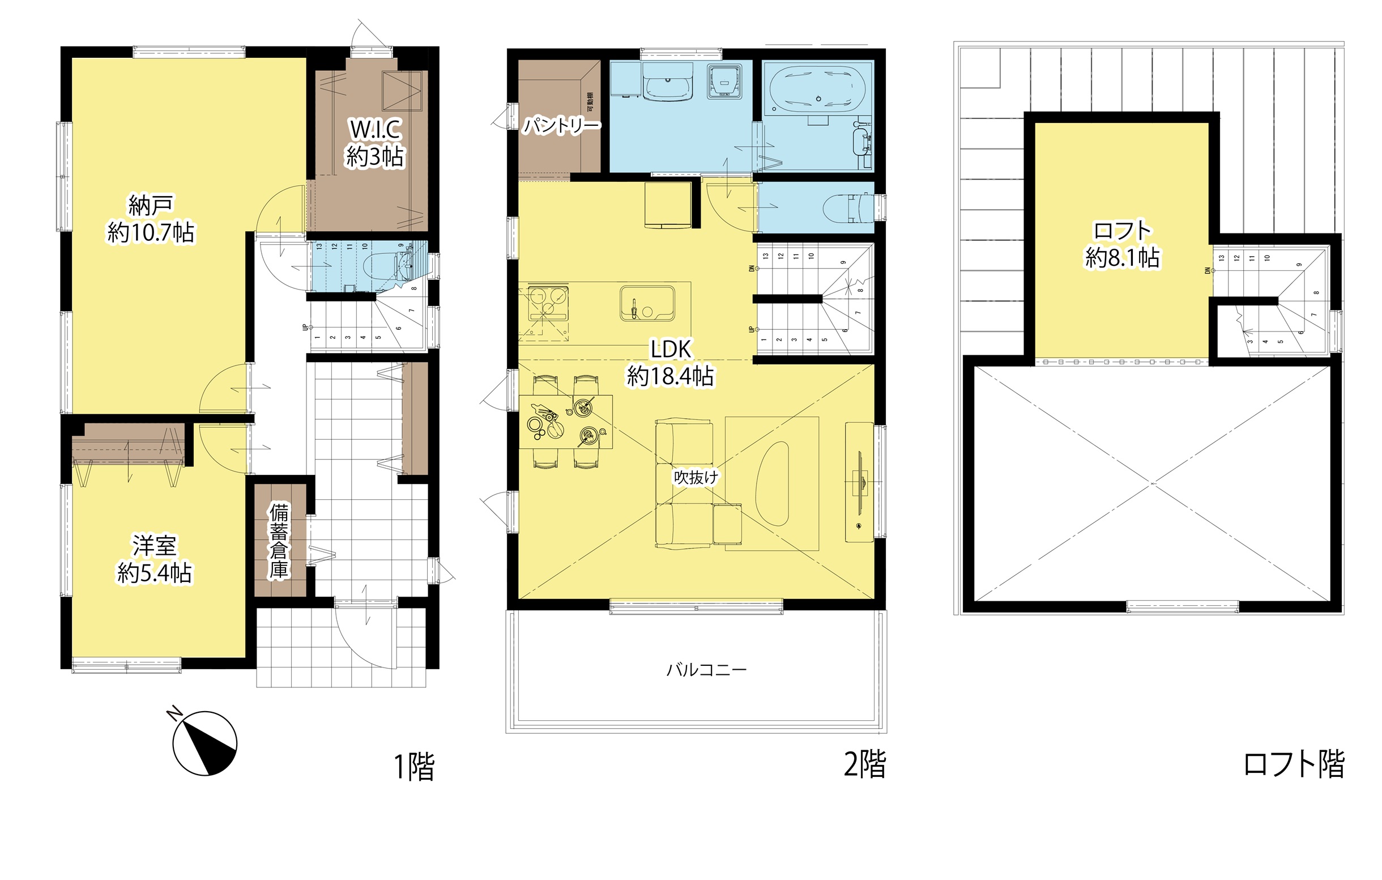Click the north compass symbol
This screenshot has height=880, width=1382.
pyautogui.click(x=205, y=743)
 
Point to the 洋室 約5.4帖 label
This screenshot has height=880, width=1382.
pyautogui.click(x=155, y=559)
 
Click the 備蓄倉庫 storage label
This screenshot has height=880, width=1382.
pyautogui.click(x=279, y=540)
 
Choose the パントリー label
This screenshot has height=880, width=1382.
pyautogui.click(x=561, y=125)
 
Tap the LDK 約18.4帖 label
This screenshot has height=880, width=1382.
pyautogui.click(x=671, y=362)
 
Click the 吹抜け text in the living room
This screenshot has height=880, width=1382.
pyautogui.click(x=696, y=477)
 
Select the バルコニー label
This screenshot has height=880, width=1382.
pyautogui.click(x=706, y=670)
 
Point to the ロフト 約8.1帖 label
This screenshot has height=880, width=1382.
pyautogui.click(x=1122, y=244)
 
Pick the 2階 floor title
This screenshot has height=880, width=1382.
pyautogui.click(x=864, y=764)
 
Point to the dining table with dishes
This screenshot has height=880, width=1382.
pyautogui.click(x=565, y=422)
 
